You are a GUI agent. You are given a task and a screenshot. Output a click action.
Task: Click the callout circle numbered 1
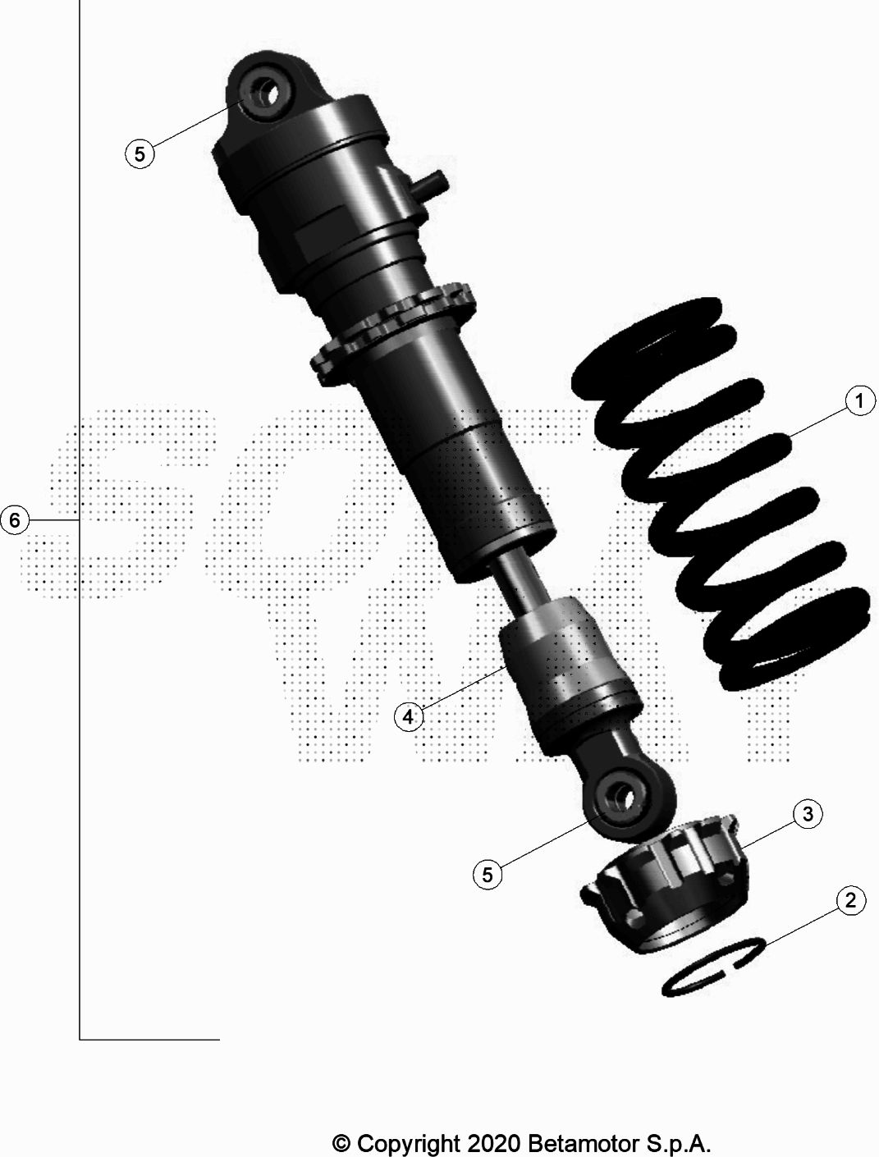coord(860,400)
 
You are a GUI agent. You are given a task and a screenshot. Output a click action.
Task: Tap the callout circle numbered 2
coord(851,900)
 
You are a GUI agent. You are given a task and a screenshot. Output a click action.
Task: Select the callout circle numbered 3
coord(808,814)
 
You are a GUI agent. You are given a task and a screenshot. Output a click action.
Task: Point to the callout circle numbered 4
coord(409,716)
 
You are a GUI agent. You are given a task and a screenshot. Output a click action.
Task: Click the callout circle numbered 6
coord(14,520)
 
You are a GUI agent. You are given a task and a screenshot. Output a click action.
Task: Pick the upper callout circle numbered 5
coord(140,154)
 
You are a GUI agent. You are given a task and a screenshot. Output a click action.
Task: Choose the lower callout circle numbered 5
coord(488,875)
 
